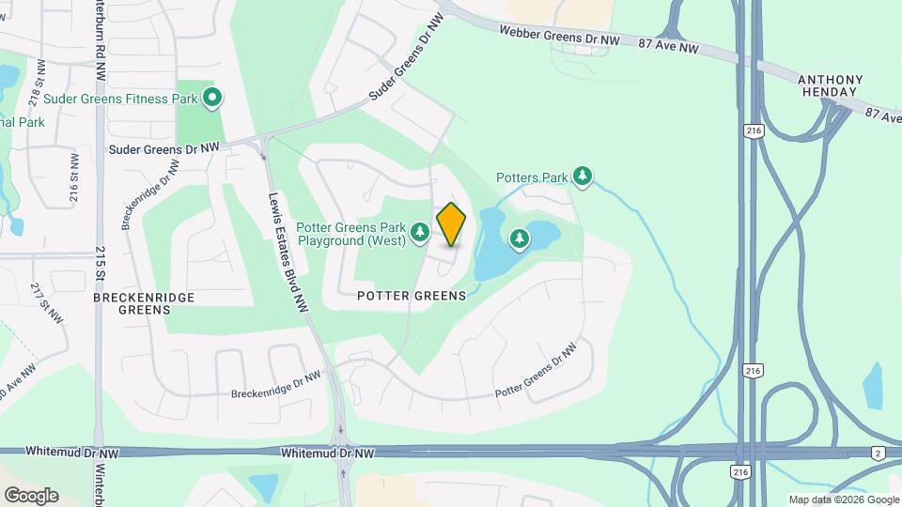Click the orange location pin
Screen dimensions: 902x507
pos(451,224)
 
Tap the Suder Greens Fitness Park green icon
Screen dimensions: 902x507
pos(212,96)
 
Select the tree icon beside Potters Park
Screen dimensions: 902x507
pos(583,176)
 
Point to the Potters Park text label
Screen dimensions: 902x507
pos(532,177)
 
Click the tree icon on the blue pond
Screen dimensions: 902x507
pos(520,239)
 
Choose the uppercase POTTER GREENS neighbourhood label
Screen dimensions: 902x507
pos(412,296)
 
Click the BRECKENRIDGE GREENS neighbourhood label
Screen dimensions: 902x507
pos(145,303)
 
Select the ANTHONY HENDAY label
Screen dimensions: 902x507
pos(829,85)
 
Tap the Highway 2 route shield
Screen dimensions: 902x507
pos(876,453)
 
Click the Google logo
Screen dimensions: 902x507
pos(31,495)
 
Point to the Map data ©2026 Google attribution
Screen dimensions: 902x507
pos(843,499)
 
